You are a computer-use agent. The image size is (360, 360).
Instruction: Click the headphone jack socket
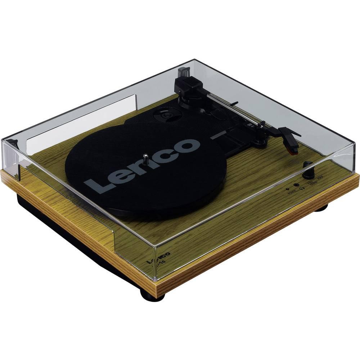point(297,184)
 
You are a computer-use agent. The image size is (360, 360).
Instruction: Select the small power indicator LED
point(287,188)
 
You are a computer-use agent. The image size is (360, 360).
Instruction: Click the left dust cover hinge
point(13,143)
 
